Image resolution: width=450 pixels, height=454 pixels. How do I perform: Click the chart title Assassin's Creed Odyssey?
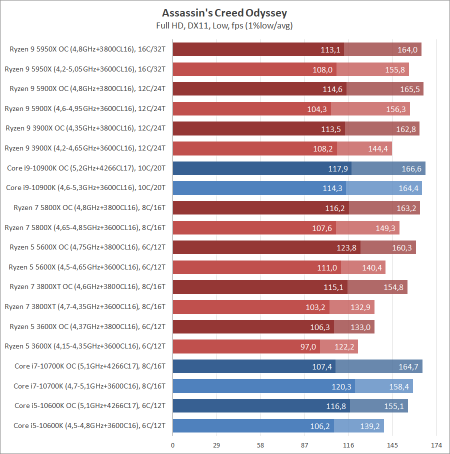coord(224,12)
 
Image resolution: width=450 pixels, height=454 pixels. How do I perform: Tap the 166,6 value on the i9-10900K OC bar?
coord(411,168)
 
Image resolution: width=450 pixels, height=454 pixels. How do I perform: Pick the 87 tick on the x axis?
coord(304,444)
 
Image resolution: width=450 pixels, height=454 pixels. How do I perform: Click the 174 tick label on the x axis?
coord(436,444)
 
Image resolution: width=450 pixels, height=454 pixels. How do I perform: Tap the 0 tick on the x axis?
coord(173,444)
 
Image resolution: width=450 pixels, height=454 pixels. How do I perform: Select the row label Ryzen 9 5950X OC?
coord(87,49)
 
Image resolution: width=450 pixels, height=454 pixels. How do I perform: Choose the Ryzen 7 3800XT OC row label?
coord(87,286)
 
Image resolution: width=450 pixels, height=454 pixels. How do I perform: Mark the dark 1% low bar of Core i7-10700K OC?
coord(253,366)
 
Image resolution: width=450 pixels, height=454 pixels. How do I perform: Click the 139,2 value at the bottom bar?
coord(370,426)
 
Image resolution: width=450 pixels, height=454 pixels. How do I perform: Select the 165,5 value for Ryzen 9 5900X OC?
coord(409,89)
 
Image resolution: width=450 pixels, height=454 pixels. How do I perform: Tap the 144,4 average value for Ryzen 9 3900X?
coord(378,148)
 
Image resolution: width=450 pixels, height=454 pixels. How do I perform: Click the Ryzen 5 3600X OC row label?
coord(87,326)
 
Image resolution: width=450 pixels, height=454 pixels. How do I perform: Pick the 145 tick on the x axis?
coord(392,444)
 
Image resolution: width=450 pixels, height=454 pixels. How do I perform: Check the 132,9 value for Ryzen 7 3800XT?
coord(360,307)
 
